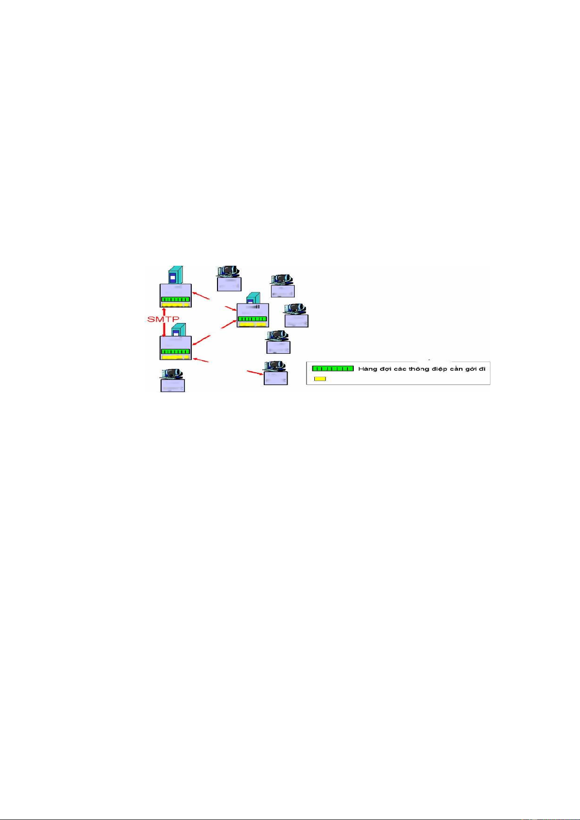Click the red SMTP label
pos(163,319)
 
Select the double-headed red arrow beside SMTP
pos(164,322)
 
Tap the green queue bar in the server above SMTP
pos(176,299)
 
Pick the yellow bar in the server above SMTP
pos(175,305)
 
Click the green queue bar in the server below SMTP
pos(176,351)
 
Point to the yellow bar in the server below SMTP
pos(175,357)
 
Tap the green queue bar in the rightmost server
pos(253,319)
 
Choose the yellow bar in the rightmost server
pos(253,324)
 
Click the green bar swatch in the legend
pos(333,368)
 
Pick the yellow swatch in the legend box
pos(320,379)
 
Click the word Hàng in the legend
pos(367,369)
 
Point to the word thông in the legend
pos(418,369)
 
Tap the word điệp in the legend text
pos(437,369)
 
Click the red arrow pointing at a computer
pos(255,373)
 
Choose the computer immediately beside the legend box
pos(275,373)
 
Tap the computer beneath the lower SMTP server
pos(172,380)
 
